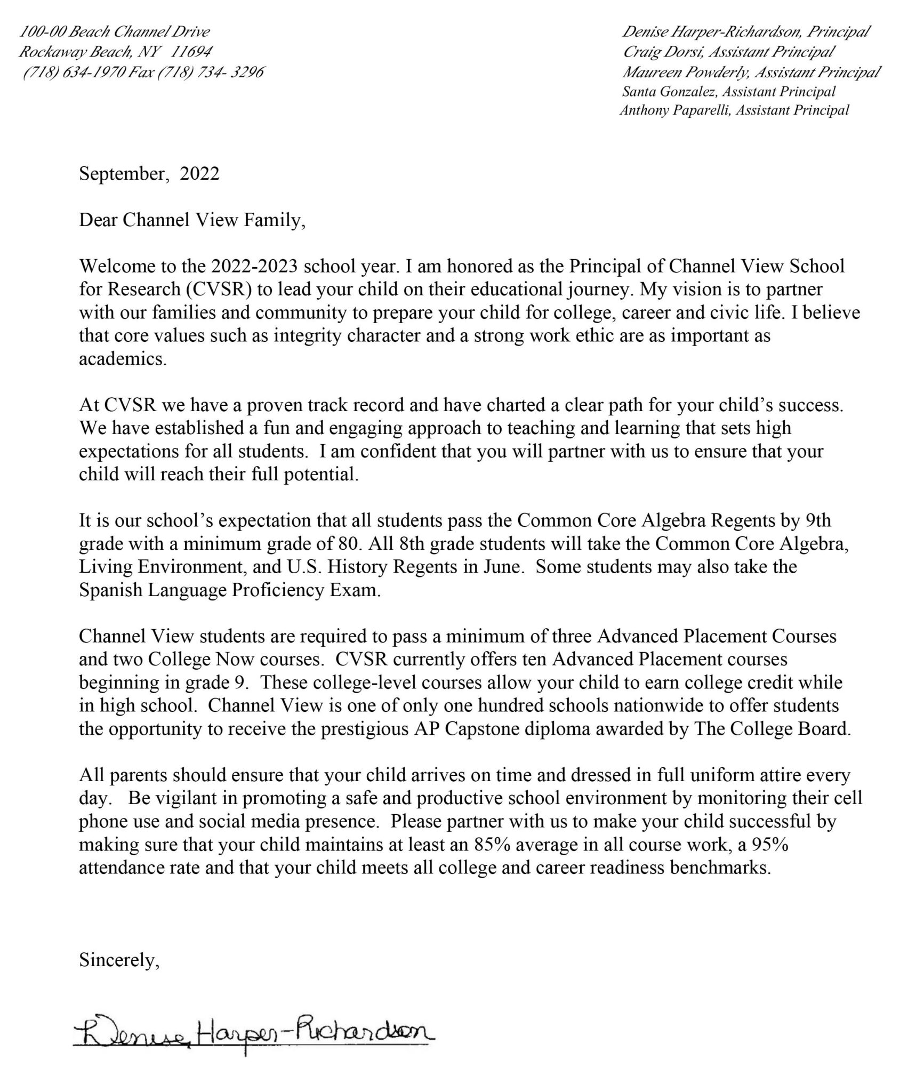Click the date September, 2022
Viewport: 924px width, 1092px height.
click(x=149, y=174)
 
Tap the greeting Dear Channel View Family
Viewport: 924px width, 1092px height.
click(x=192, y=220)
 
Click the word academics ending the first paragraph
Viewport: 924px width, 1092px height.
click(x=123, y=359)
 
